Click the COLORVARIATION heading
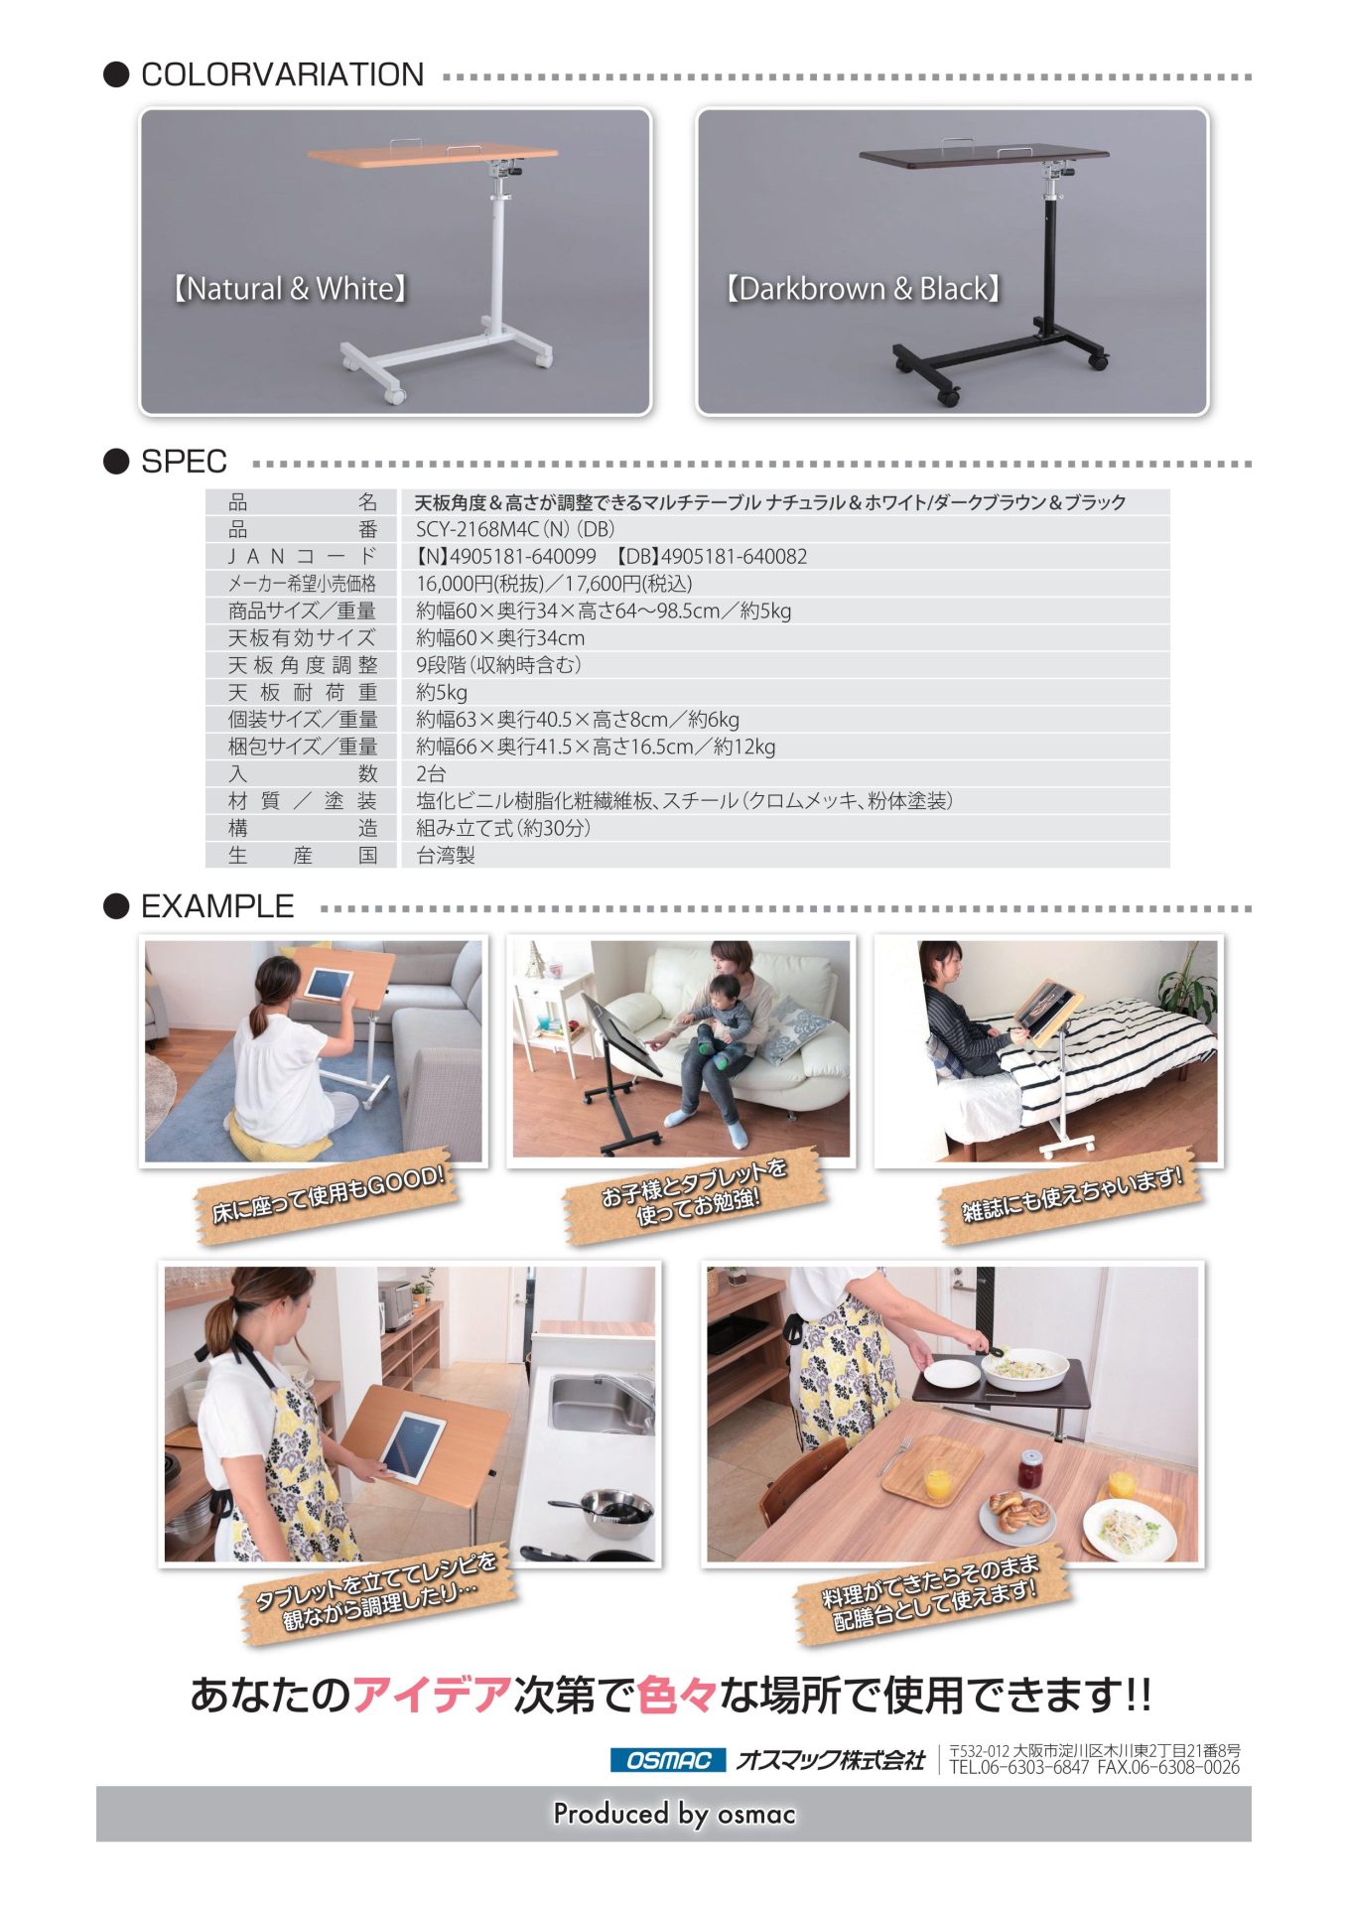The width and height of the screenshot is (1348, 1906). [282, 74]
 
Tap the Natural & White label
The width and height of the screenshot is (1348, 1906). [289, 289]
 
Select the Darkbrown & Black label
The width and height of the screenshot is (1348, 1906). [862, 289]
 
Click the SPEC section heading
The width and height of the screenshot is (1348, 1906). [184, 462]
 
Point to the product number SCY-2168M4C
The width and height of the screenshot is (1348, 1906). [476, 529]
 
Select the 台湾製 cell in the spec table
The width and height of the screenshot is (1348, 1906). [446, 856]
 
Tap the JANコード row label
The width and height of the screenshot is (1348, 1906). [303, 557]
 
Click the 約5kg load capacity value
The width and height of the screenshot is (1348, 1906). [442, 693]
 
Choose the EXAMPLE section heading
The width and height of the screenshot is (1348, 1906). [217, 906]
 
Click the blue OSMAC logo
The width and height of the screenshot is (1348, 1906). [668, 1761]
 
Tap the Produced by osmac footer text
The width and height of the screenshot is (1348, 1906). [674, 1815]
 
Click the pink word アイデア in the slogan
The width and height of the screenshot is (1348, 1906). [432, 1695]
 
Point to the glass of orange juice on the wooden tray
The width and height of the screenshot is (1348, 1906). [937, 1483]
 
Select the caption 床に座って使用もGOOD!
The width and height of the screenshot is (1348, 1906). [329, 1194]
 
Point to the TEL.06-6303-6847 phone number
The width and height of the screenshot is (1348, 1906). [1018, 1768]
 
